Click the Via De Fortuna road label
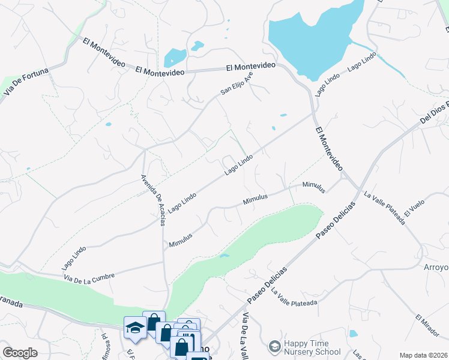25,83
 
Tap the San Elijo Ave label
237,83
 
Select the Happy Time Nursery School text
312,348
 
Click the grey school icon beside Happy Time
274,346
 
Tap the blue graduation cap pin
133,328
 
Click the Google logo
20,353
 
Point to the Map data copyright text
423,355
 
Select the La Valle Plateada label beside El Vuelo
385,208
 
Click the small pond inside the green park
224,256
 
